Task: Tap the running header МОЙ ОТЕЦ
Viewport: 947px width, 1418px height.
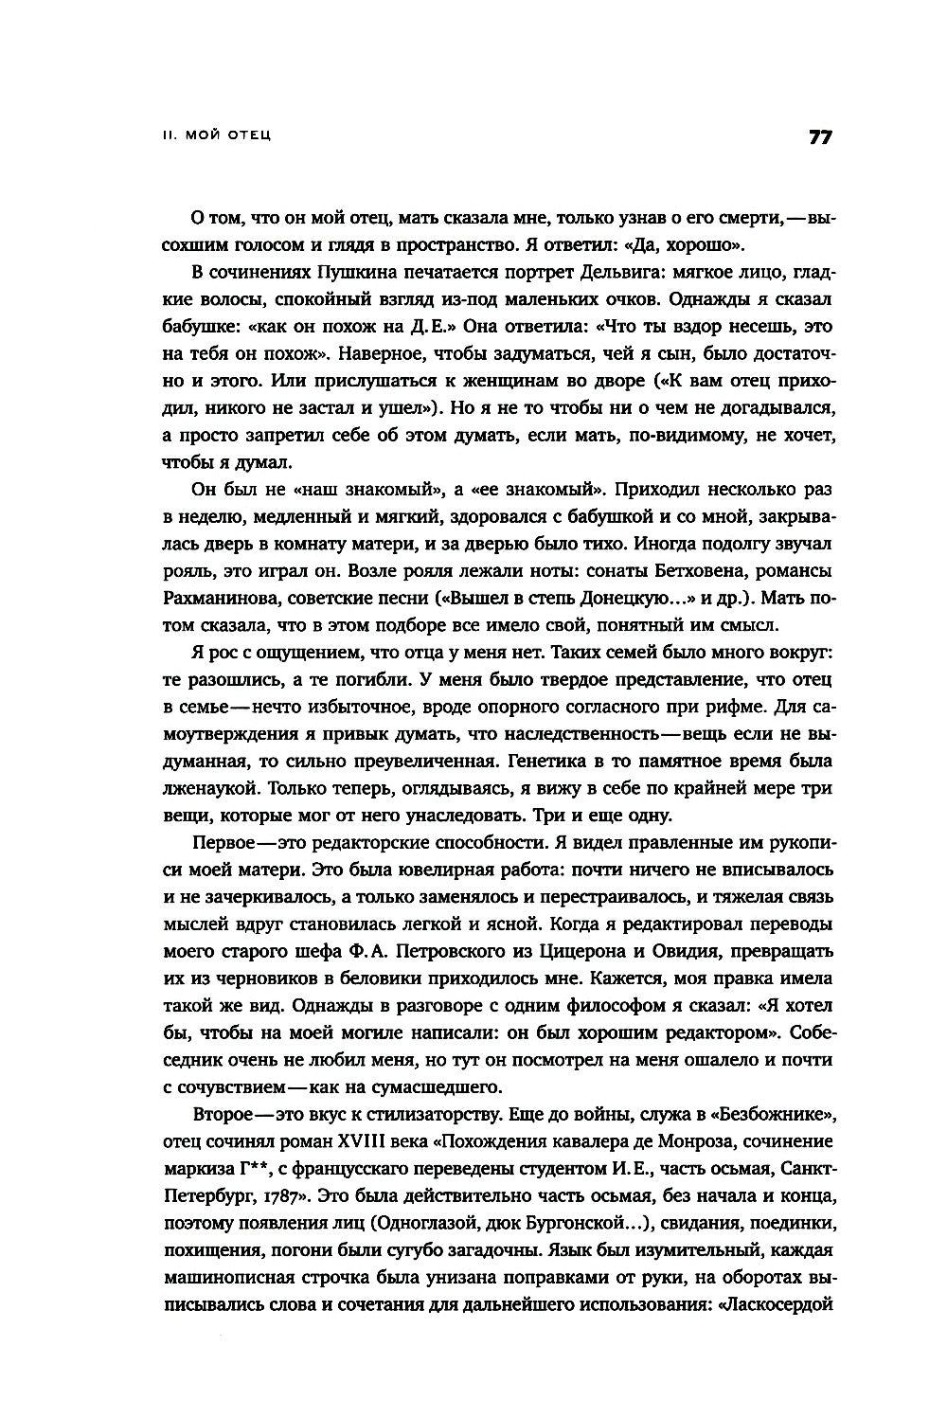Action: [x=226, y=136]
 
